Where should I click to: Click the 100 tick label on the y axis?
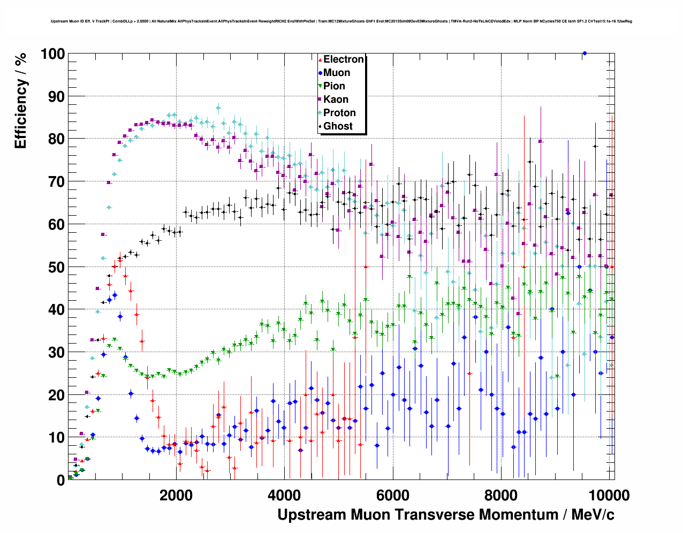click(x=52, y=54)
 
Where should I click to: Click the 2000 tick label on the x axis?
click(x=176, y=495)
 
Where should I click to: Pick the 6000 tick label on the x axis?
click(x=393, y=495)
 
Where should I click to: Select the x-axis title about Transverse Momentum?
click(x=446, y=515)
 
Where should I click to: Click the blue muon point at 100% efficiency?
click(x=585, y=53)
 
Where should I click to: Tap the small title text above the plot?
click(x=342, y=21)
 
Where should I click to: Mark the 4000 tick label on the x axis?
click(x=284, y=495)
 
